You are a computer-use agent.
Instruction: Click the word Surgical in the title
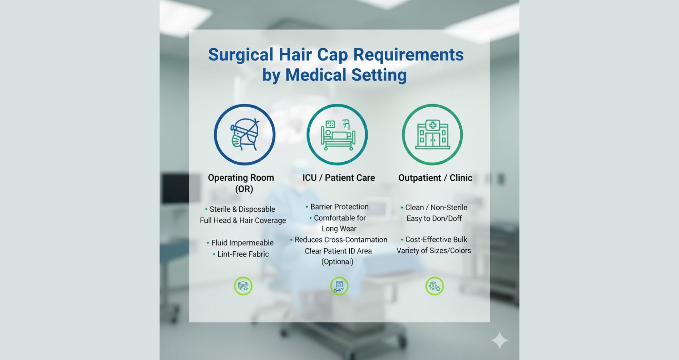240,54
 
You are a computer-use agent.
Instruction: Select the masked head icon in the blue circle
244,134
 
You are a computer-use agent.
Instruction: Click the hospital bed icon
337,135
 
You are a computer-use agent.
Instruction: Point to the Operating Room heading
241,178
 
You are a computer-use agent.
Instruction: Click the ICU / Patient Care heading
338,178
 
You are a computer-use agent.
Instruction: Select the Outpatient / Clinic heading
435,178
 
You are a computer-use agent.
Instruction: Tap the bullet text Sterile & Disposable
242,209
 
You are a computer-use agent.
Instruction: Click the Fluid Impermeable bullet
242,243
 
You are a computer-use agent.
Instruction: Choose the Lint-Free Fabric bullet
243,254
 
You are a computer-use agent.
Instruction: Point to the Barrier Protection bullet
339,207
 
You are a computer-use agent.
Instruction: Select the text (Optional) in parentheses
337,262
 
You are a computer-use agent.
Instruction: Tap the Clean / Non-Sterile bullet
436,208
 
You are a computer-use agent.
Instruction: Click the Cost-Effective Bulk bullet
436,240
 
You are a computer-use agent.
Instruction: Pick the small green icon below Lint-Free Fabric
243,286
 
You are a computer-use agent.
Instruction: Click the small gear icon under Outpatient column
435,286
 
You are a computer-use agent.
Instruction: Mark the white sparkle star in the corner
499,340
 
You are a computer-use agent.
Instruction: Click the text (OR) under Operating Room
244,189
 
